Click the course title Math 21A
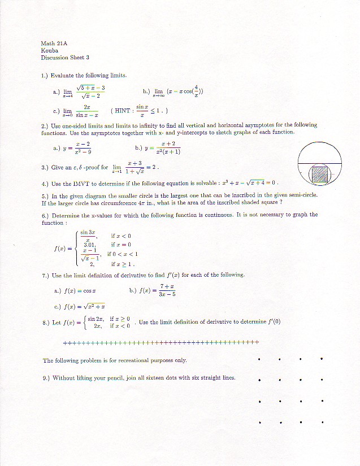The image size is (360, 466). click(x=54, y=43)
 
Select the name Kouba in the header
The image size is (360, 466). click(x=49, y=50)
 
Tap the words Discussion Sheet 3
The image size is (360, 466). click(x=65, y=58)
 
